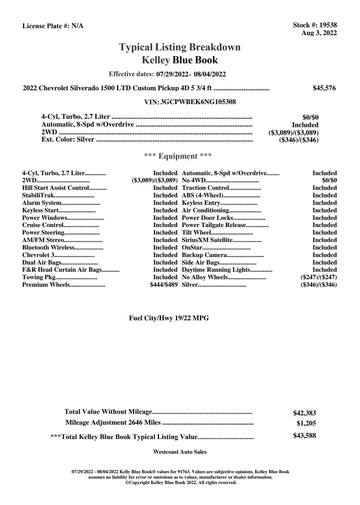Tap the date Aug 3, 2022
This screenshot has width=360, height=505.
(319, 33)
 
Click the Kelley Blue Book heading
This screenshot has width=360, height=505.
(180, 60)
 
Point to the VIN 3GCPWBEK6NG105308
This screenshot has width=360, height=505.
(198, 102)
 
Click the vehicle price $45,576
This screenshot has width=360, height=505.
(324, 88)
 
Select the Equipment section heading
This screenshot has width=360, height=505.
(178, 156)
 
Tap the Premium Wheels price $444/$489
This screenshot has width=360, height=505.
(164, 285)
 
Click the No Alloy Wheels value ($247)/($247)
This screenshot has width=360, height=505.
(318, 277)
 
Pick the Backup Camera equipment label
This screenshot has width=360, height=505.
(204, 255)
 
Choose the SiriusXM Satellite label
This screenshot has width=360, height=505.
(207, 240)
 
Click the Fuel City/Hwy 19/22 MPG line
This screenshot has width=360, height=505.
(169, 318)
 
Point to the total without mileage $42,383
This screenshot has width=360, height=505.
(304, 413)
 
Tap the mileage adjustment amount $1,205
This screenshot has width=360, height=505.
(306, 423)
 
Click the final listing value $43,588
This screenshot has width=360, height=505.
(304, 436)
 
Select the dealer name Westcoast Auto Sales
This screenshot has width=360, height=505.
(180, 452)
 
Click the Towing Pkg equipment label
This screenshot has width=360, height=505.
(39, 277)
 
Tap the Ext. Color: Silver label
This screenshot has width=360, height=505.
(68, 139)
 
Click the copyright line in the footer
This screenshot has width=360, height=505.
(181, 483)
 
